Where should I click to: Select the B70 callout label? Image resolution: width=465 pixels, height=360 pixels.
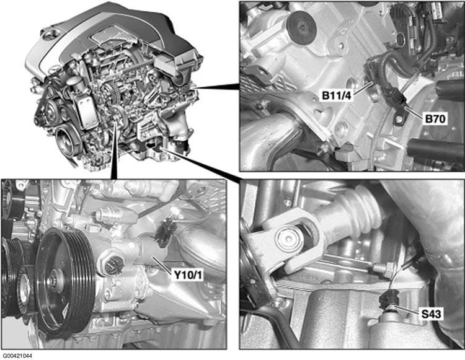[x=435, y=119]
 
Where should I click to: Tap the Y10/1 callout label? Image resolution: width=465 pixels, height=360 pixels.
[x=188, y=275]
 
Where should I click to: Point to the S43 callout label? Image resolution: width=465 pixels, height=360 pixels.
[x=432, y=314]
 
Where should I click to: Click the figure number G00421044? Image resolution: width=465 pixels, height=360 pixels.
[x=18, y=356]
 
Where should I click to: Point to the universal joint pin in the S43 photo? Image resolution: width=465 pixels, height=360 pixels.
[x=290, y=237]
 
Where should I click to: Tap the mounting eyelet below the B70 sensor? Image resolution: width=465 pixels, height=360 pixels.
[x=399, y=118]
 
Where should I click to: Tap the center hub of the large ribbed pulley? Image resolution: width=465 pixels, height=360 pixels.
[x=54, y=279]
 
